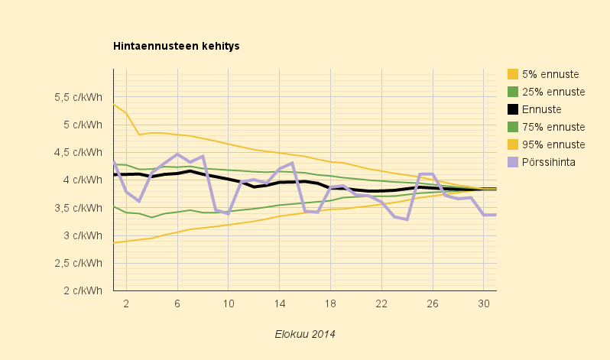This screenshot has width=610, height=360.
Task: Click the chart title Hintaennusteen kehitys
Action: coord(177,47)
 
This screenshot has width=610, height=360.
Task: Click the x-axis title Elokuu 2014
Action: coord(305,334)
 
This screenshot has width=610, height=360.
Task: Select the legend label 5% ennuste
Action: coord(550,74)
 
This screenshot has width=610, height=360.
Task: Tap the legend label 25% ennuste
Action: coord(553,92)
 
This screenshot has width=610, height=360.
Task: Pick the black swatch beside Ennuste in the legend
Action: coord(513,109)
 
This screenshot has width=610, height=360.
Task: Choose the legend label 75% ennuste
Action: coord(553,127)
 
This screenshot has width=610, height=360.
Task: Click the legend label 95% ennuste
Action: coord(553,144)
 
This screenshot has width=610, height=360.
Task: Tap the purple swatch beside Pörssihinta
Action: coord(513,162)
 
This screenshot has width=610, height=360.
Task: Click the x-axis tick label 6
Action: coord(177,303)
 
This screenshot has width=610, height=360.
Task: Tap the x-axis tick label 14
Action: coord(279,303)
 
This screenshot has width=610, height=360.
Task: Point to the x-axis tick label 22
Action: coord(381,303)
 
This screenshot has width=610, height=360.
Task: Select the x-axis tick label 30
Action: coord(483,303)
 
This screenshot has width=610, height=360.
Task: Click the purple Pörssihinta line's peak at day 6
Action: coord(177,154)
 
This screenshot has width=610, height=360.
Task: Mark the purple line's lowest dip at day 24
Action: coord(407,219)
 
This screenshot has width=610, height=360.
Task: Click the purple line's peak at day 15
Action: coord(292,163)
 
